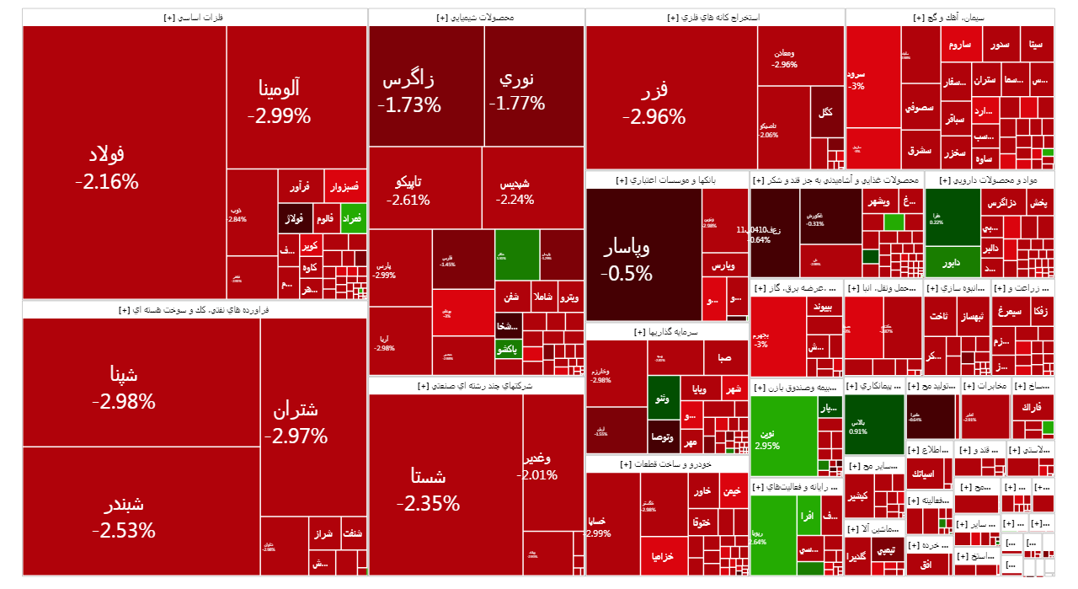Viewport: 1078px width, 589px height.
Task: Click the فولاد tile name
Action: [x=106, y=154]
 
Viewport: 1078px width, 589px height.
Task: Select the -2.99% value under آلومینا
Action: [x=279, y=116]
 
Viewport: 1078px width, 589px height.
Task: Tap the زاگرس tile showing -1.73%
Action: [x=409, y=93]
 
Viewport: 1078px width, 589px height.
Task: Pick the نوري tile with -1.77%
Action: [x=516, y=91]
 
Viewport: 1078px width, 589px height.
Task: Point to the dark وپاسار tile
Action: [x=627, y=260]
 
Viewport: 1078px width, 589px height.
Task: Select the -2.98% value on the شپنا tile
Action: [x=124, y=402]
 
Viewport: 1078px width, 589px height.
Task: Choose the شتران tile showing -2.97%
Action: [x=296, y=423]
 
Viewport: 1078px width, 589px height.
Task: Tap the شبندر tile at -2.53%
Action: [x=124, y=517]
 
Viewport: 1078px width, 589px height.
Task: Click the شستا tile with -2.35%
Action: [x=428, y=489]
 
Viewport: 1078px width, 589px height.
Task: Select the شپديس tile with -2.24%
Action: [x=515, y=191]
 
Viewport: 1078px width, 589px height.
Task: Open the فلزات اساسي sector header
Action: [x=195, y=17]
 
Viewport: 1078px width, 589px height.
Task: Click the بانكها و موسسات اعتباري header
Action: [x=667, y=179]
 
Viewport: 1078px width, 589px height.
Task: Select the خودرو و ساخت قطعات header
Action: [x=667, y=464]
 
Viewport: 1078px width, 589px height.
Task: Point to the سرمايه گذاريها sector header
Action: [x=667, y=332]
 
